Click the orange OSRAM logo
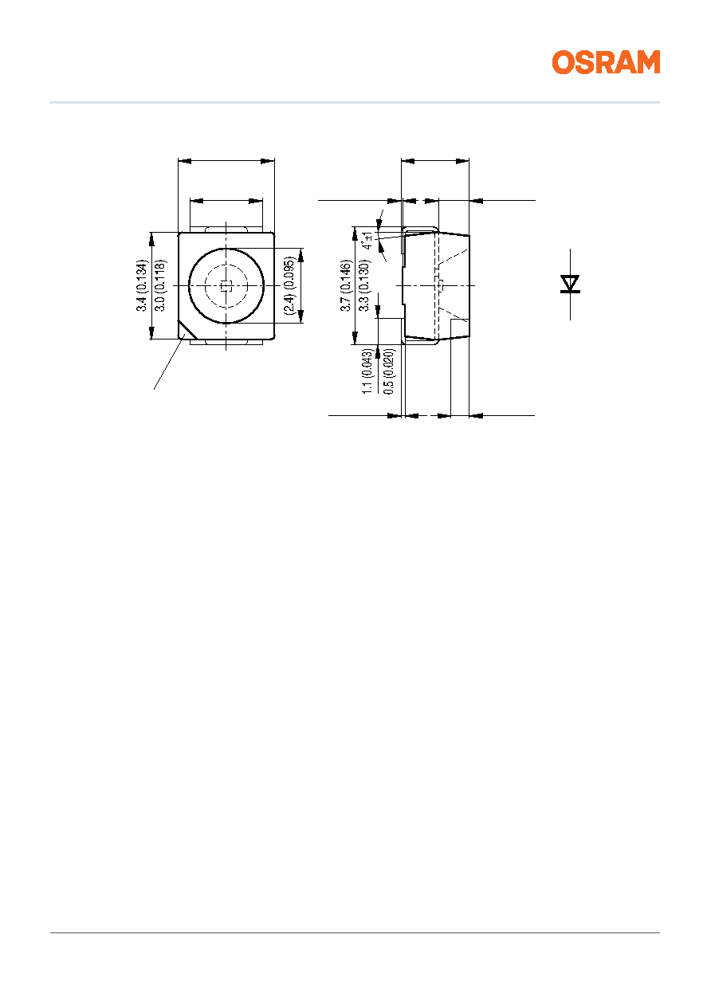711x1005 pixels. pos(606,62)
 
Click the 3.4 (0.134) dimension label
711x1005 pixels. pos(142,285)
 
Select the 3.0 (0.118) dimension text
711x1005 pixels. pos(160,285)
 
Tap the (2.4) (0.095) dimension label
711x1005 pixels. pos(290,285)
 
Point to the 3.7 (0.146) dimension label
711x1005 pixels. pos(345,285)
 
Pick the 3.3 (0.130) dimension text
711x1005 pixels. pos(364,285)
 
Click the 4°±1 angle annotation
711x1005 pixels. pos(367,241)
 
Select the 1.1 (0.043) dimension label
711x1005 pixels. pos(367,371)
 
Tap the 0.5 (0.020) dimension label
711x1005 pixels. pos(389,371)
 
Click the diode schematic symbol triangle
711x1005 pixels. pos(570,284)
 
